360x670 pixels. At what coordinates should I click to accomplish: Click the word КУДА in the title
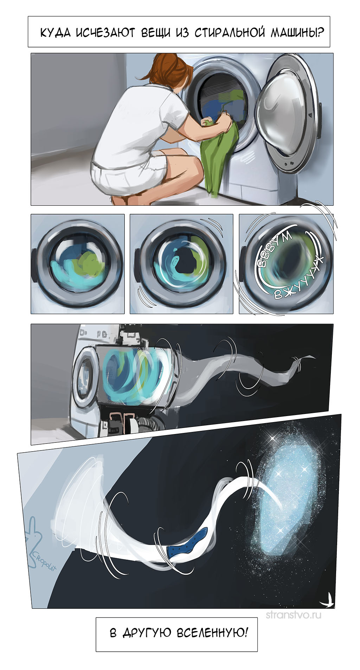point(56,33)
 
